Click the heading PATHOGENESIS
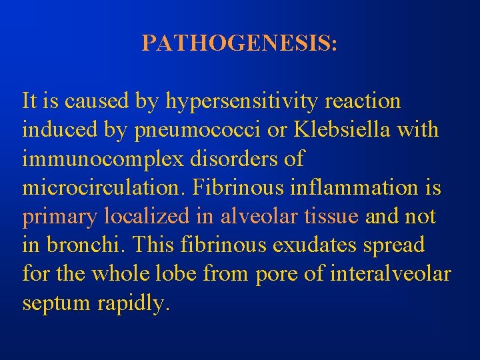(240, 43)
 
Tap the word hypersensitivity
(244, 102)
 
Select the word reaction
(364, 101)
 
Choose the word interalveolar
(388, 273)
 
